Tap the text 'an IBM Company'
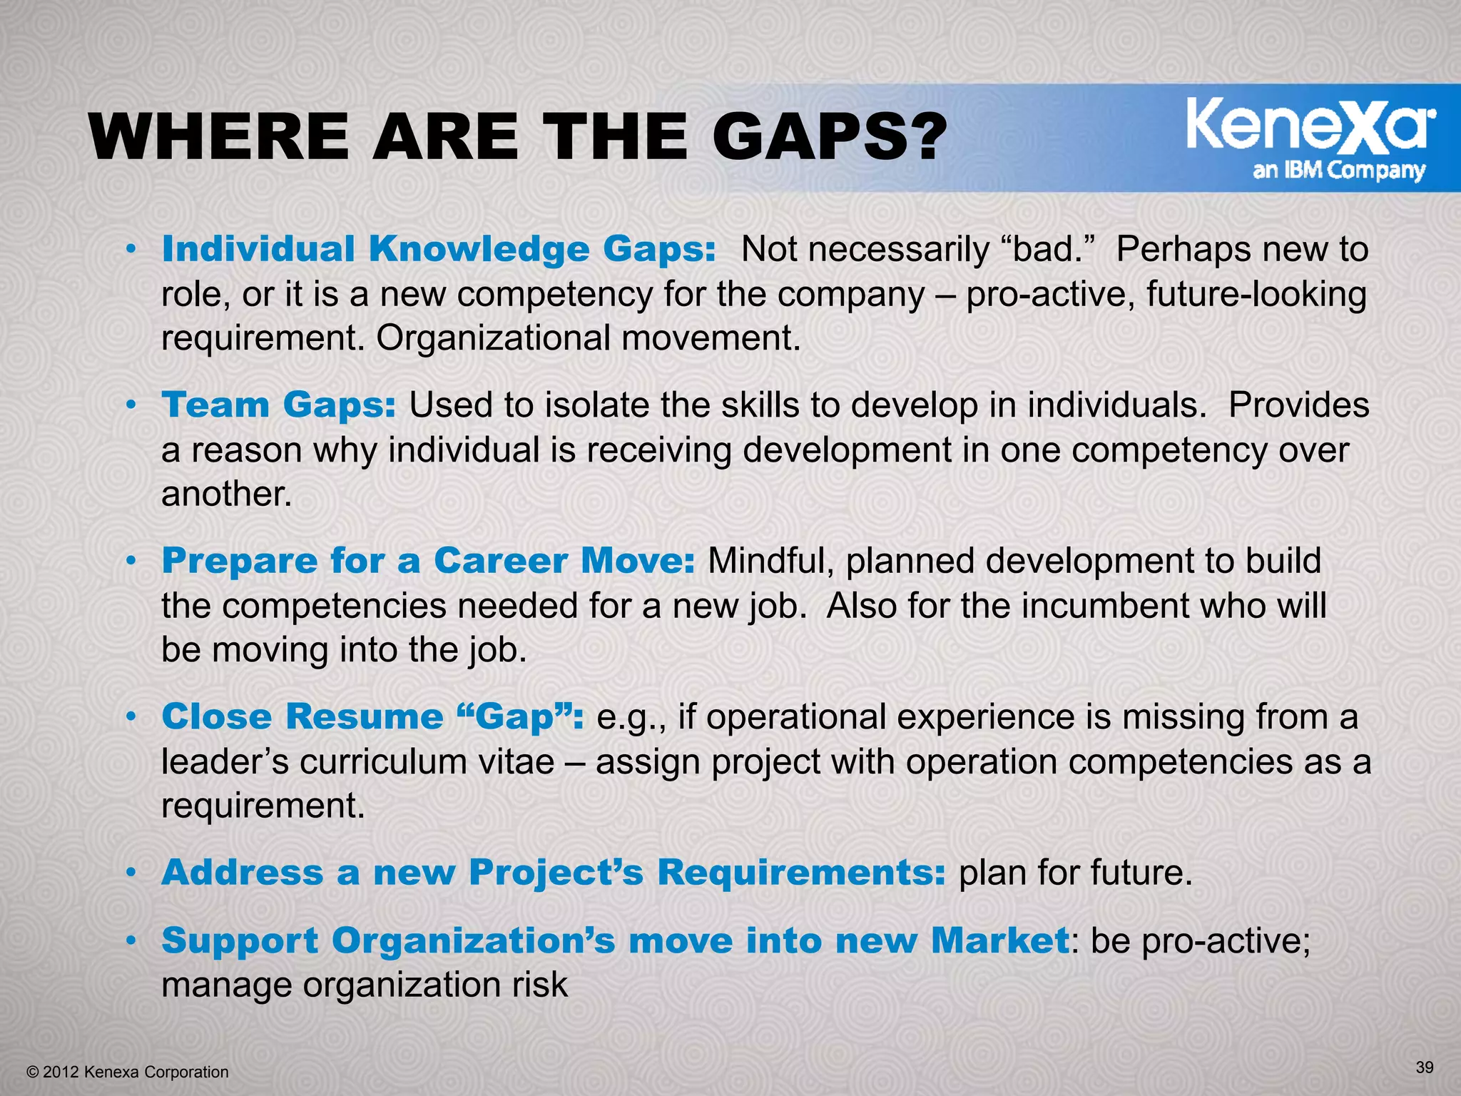[1338, 171]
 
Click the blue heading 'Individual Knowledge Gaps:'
[438, 250]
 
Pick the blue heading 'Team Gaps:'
[278, 405]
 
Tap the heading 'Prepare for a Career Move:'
[428, 561]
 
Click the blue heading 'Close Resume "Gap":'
[372, 716]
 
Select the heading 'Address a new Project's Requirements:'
[554, 872]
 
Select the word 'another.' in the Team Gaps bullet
[227, 494]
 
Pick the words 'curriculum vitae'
[426, 761]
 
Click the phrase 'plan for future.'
[1075, 872]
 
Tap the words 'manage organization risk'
[365, 985]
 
